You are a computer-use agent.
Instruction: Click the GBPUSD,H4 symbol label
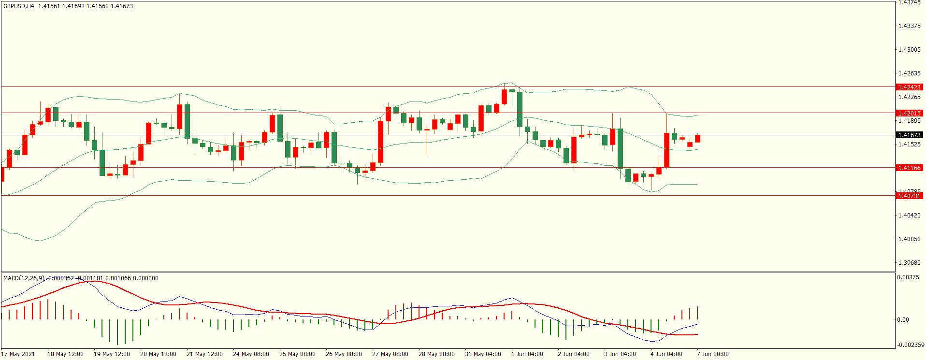pyautogui.click(x=19, y=6)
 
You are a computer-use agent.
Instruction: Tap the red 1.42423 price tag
pyautogui.click(x=909, y=87)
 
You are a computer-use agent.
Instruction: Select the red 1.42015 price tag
pyautogui.click(x=909, y=114)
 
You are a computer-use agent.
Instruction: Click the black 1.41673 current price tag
pyautogui.click(x=909, y=135)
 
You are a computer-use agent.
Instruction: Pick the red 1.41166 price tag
pyautogui.click(x=909, y=168)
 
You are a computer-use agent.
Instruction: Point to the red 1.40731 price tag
pyautogui.click(x=909, y=196)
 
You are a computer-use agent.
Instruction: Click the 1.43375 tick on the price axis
pyautogui.click(x=909, y=26)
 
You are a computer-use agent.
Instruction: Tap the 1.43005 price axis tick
pyautogui.click(x=909, y=50)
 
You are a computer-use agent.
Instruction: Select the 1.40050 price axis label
pyautogui.click(x=909, y=239)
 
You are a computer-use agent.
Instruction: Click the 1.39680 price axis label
pyautogui.click(x=909, y=263)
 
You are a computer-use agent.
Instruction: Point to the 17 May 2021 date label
pyautogui.click(x=18, y=354)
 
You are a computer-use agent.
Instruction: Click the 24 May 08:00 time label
pyautogui.click(x=251, y=354)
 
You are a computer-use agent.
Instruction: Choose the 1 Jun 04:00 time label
pyautogui.click(x=527, y=354)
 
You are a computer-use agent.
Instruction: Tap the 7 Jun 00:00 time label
pyautogui.click(x=712, y=354)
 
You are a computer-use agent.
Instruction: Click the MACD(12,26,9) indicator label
pyautogui.click(x=24, y=278)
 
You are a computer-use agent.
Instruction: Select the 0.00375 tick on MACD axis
pyautogui.click(x=908, y=277)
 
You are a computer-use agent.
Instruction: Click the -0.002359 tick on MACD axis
pyautogui.click(x=911, y=345)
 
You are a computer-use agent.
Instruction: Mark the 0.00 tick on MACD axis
pyautogui.click(x=903, y=320)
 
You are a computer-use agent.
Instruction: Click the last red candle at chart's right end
pyautogui.click(x=697, y=139)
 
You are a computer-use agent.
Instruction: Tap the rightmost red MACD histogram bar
pyautogui.click(x=697, y=313)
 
